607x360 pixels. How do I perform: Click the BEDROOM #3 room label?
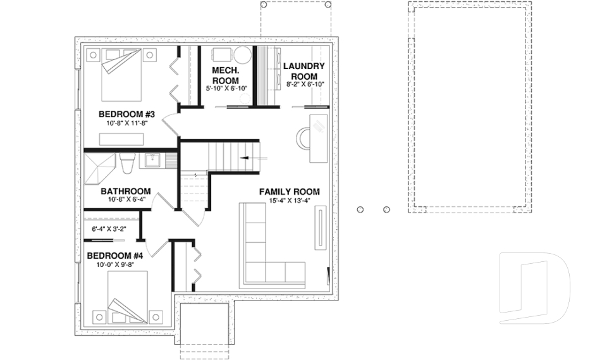click(x=126, y=115)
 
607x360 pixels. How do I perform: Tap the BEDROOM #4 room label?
click(x=114, y=256)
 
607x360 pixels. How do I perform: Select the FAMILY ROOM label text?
click(x=289, y=192)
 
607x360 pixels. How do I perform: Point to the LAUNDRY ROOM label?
click(x=304, y=71)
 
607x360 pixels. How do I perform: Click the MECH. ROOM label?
click(x=225, y=75)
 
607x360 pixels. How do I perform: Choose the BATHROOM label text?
click(x=125, y=191)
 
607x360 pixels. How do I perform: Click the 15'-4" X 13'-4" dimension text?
click(x=289, y=201)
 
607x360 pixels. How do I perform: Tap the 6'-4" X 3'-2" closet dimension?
click(x=110, y=229)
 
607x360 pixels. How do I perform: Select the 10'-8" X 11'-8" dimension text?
click(x=126, y=124)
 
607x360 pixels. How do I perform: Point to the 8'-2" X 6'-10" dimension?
click(x=305, y=84)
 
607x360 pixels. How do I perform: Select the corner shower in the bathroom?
click(x=99, y=166)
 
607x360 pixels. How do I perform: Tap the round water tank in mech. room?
click(x=243, y=56)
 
